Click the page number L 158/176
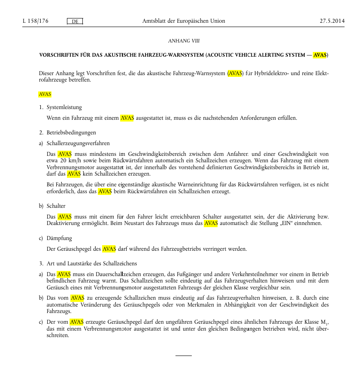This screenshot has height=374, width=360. (35, 21)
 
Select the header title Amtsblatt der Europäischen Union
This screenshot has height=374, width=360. (183, 21)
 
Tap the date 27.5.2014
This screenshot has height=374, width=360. (332, 21)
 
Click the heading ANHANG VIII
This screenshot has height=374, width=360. (184, 41)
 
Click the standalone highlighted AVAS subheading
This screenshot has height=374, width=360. (45, 94)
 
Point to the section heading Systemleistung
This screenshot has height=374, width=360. (64, 107)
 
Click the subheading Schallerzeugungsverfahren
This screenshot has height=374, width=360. (78, 143)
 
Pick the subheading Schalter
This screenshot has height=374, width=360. (56, 206)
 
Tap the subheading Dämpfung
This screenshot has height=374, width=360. (59, 238)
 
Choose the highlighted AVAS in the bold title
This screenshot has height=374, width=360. (320, 55)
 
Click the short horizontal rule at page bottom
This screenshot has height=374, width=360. (184, 356)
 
